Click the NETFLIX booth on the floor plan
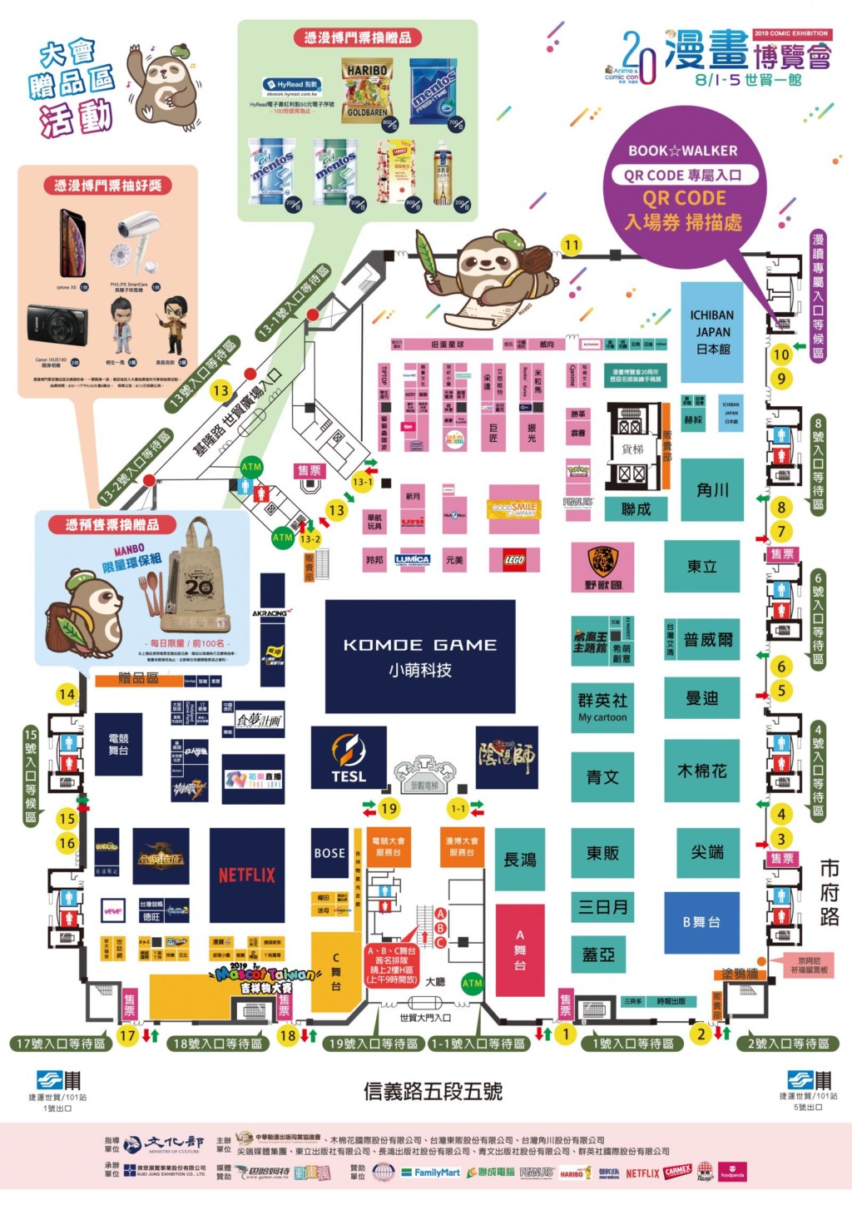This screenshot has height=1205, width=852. coord(246,875)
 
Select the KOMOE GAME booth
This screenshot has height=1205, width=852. coord(419,657)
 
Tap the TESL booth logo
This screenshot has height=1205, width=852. coord(349,757)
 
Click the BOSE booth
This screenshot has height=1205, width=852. coord(329,852)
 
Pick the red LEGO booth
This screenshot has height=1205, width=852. coord(514,560)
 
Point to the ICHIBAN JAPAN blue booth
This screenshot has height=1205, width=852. coord(711,331)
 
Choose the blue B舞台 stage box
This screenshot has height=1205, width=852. coord(701,922)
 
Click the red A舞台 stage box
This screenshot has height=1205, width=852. coord(520,950)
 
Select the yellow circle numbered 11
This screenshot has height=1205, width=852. coord(572,245)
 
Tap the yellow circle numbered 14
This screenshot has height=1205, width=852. coord(67,694)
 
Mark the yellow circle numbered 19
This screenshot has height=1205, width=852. coord(389,808)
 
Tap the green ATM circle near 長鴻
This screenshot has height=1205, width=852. coord(472,983)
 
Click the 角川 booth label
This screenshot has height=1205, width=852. coord(712,490)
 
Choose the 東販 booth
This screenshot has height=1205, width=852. coord(602,853)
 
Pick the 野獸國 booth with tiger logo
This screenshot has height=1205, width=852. coord(603,567)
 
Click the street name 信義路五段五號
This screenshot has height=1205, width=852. coord(433,1091)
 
